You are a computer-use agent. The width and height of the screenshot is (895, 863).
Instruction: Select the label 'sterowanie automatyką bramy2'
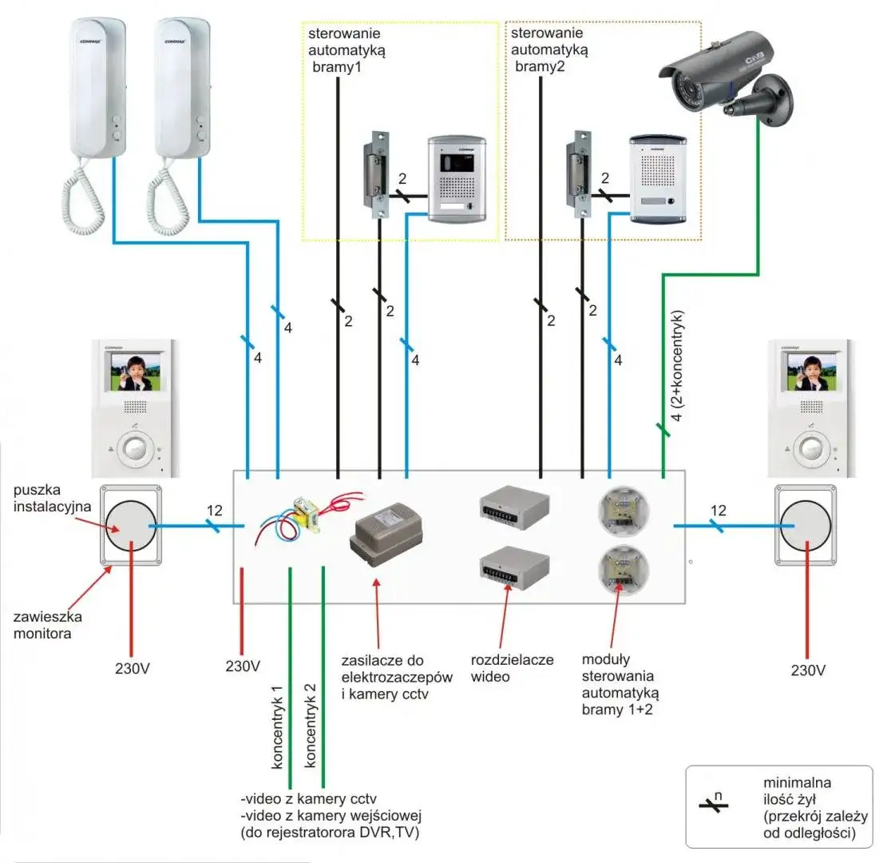pyautogui.click(x=549, y=50)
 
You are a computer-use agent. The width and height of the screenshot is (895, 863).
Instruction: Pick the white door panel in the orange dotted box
pyautogui.click(x=658, y=178)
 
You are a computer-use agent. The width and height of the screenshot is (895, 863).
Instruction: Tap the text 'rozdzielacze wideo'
pyautogui.click(x=512, y=669)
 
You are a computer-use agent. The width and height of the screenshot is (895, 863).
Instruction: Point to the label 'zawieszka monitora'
pyautogui.click(x=48, y=625)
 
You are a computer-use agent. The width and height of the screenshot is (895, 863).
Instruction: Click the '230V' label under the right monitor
pyautogui.click(x=807, y=670)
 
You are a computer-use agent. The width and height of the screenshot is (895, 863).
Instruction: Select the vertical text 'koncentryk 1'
pyautogui.click(x=277, y=727)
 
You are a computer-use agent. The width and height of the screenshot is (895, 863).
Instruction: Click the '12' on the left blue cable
pyautogui.click(x=214, y=511)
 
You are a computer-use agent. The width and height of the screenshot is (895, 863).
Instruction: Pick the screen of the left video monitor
pyautogui.click(x=135, y=372)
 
